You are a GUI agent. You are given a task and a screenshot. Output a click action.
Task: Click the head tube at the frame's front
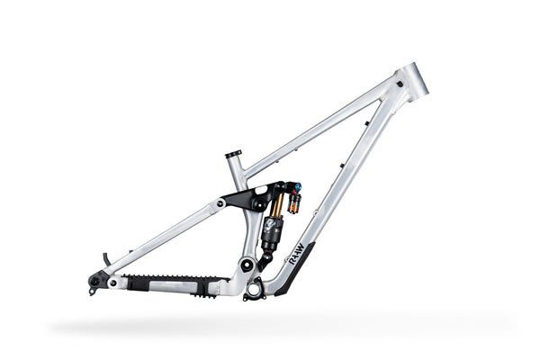pyautogui.click(x=413, y=80)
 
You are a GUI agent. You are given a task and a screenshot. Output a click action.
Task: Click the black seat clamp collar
pyautogui.click(x=234, y=154)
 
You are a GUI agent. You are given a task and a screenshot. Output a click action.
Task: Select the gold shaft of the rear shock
pyautogui.click(x=275, y=205)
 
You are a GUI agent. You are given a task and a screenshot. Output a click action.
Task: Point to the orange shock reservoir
pyautogui.click(x=293, y=199)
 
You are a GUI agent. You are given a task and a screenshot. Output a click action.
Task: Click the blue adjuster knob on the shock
pyautogui.click(x=296, y=187)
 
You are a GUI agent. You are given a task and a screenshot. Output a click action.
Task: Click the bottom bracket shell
pyautogui.click(x=254, y=289)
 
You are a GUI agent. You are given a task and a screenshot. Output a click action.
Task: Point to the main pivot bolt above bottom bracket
pyautogui.click(x=247, y=266)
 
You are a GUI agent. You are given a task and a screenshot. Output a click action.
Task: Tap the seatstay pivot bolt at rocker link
pyautogui.click(x=220, y=203)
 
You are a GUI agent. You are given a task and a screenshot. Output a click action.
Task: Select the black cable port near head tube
pyautogui.click(x=368, y=123)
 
